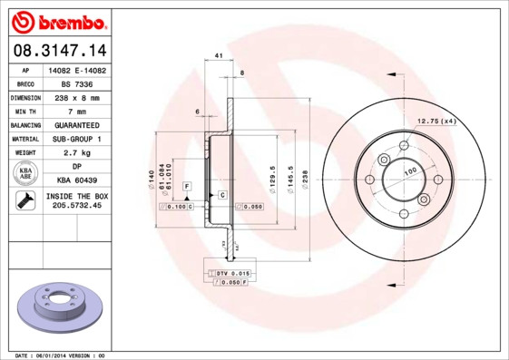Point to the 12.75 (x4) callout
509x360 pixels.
(x=436, y=121)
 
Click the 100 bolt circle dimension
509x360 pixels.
(x=410, y=170)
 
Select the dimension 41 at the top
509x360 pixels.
(x=219, y=56)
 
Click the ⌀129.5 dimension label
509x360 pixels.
(x=272, y=174)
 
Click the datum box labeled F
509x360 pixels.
(x=187, y=185)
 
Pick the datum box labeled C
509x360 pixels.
(x=222, y=195)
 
